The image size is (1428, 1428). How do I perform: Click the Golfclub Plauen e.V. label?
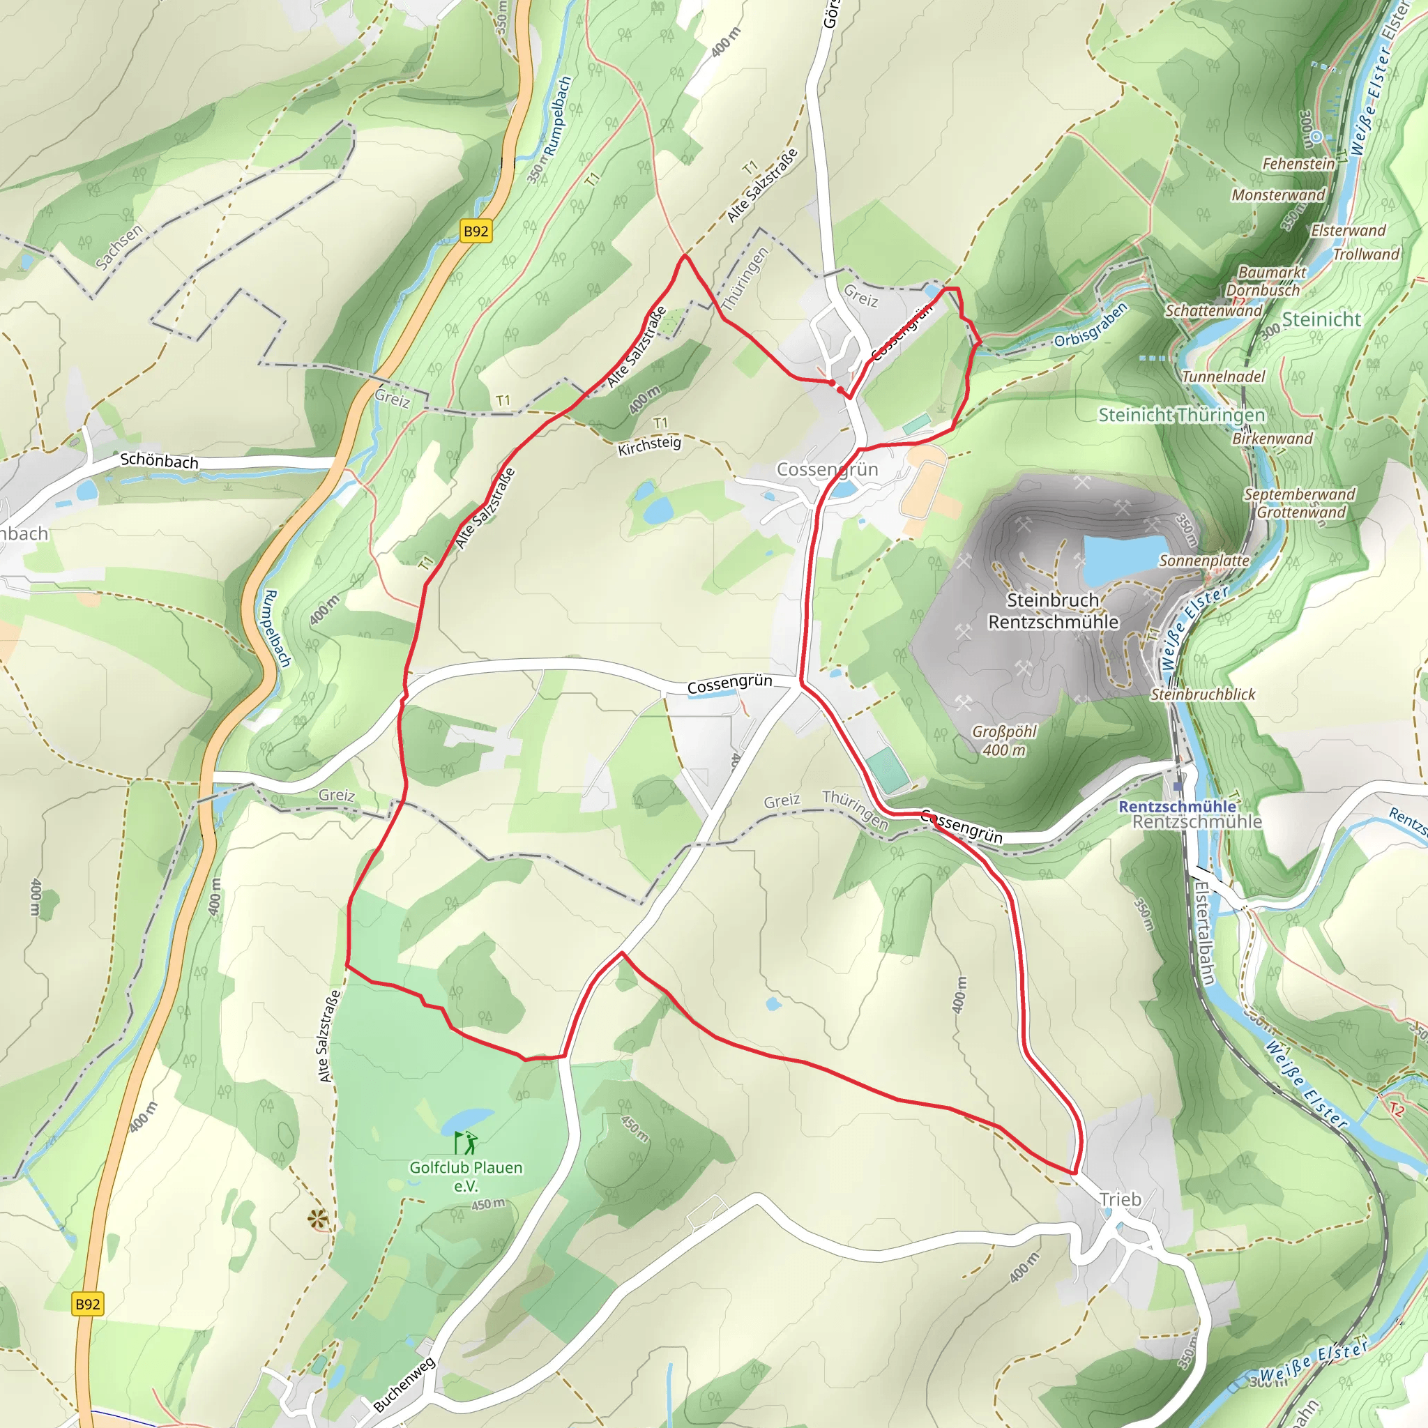pyautogui.click(x=466, y=1176)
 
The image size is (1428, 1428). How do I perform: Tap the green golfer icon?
pyautogui.click(x=466, y=1143)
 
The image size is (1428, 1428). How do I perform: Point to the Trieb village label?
pyautogui.click(x=1120, y=1199)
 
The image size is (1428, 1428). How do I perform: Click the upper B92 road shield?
pyautogui.click(x=476, y=231)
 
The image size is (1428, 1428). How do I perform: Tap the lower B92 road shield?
pyautogui.click(x=87, y=1304)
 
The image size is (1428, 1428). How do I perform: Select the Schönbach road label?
pyautogui.click(x=159, y=460)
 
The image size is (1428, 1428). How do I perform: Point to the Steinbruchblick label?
pyautogui.click(x=1203, y=694)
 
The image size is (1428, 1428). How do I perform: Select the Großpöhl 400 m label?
pyautogui.click(x=1004, y=740)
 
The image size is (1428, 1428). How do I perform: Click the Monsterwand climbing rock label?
pyautogui.click(x=1278, y=195)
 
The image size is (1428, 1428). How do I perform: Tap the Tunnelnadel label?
pyautogui.click(x=1223, y=377)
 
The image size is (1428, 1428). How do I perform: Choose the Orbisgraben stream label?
pyautogui.click(x=1091, y=325)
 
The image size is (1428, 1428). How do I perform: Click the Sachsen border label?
pyautogui.click(x=119, y=246)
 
